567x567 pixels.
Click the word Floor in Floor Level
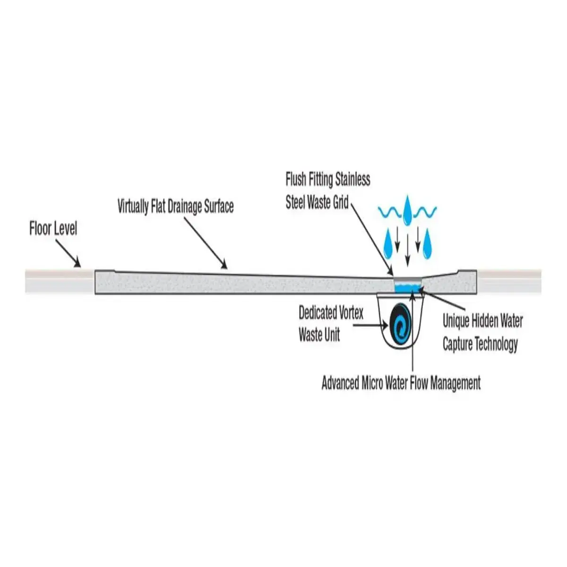(40, 229)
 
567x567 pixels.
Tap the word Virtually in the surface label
(133, 206)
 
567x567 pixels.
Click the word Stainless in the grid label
(352, 180)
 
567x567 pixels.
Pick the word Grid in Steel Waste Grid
(341, 203)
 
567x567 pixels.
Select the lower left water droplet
(388, 244)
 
